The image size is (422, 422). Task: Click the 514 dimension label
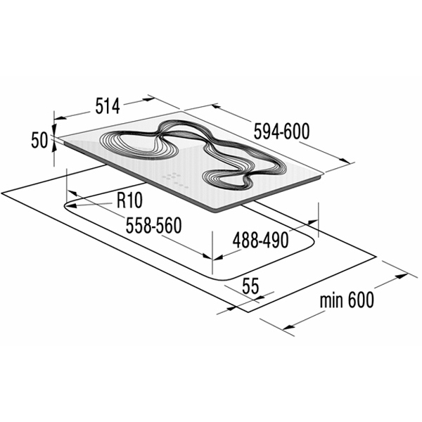click(x=108, y=106)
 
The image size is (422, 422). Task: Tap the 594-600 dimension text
click(x=282, y=131)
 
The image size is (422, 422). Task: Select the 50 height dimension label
click(x=39, y=140)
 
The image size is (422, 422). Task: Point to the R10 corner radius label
click(x=129, y=200)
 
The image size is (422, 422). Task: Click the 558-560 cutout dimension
click(x=154, y=225)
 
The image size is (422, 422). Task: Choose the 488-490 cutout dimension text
click(x=260, y=241)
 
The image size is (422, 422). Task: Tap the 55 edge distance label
click(x=250, y=286)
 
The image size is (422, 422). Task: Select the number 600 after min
click(x=361, y=300)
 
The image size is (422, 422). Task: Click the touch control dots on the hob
click(x=175, y=179)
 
